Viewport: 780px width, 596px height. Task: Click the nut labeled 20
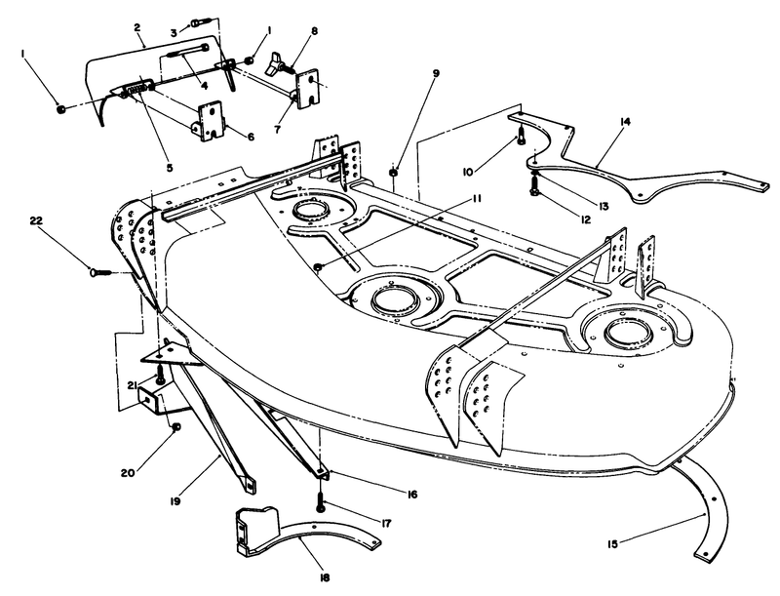tap(176, 427)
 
